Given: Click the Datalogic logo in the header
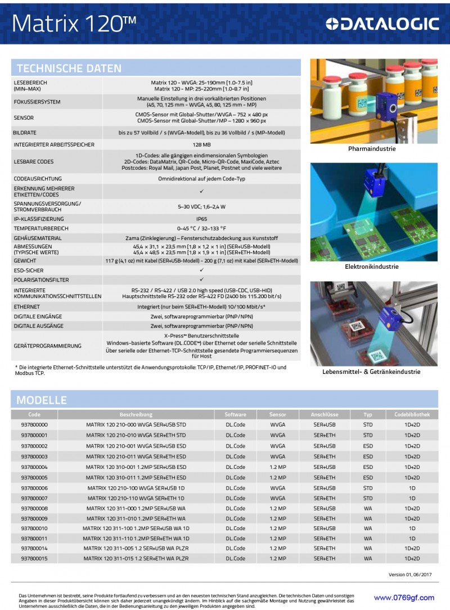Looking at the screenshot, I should (382, 23).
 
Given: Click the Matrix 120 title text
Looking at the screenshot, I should (74, 23).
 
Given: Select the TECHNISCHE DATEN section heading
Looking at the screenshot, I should (69, 69).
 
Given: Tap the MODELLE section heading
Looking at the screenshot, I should (42, 400).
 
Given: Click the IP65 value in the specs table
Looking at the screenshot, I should (201, 219).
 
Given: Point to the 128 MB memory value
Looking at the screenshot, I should (201, 144).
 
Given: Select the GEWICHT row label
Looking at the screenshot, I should (25, 261).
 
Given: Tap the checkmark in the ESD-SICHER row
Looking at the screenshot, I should (201, 270).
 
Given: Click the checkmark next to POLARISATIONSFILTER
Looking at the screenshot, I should (201, 279).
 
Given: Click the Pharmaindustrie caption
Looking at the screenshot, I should (372, 149).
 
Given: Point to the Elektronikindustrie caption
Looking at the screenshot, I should (372, 266).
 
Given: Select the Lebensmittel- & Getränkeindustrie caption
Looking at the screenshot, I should (371, 372).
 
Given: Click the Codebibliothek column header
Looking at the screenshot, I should (412, 414).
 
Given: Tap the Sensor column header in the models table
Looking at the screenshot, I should (277, 414).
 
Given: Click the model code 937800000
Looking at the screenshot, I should (34, 424).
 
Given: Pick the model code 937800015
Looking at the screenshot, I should (34, 558).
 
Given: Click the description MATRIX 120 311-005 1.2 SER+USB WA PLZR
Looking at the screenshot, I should (136, 548).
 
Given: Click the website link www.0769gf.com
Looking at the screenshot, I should (404, 598).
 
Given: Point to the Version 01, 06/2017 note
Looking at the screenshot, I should (410, 574).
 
